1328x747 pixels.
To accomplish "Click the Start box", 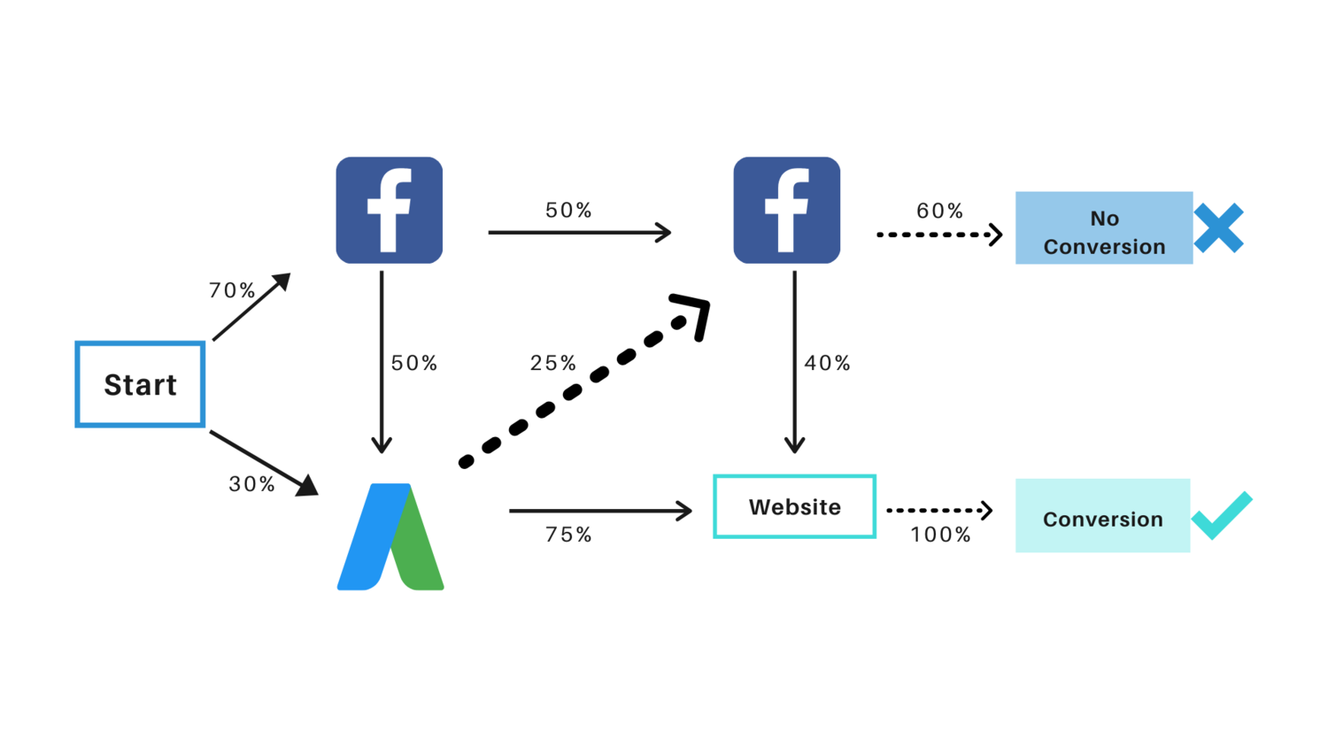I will click(140, 384).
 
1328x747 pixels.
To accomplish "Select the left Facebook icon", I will click(389, 210).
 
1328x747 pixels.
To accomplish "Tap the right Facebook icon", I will click(786, 210).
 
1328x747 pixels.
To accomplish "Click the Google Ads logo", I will click(390, 536).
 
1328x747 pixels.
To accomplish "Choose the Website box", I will click(794, 506).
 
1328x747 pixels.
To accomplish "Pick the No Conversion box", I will click(1103, 228).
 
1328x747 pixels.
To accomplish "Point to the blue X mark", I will click(1218, 228).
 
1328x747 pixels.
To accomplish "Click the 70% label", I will click(232, 290).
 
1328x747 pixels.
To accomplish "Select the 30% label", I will click(252, 484).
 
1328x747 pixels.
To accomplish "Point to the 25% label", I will click(553, 363).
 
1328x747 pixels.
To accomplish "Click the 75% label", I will click(568, 535).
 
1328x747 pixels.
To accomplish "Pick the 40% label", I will click(827, 363).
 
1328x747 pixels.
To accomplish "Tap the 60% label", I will click(939, 211).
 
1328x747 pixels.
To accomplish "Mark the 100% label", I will click(940, 535).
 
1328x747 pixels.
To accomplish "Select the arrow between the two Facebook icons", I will click(579, 233).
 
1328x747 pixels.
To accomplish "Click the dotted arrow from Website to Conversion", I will click(938, 511).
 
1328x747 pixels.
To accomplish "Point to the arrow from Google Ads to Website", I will click(599, 511).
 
